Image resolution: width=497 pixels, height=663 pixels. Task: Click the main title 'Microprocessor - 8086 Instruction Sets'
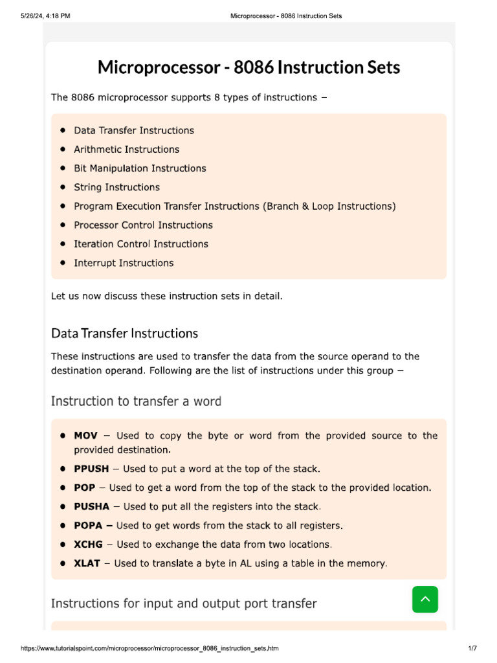click(248, 67)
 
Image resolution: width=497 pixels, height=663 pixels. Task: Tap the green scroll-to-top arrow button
click(425, 600)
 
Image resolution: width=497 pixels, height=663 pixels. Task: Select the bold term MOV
click(85, 436)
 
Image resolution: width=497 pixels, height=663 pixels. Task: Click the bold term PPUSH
click(91, 468)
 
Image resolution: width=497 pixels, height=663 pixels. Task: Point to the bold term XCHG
click(88, 545)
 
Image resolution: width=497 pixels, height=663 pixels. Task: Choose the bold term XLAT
click(87, 563)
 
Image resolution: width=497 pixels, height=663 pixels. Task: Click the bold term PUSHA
click(91, 506)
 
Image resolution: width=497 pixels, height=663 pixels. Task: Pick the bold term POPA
click(89, 525)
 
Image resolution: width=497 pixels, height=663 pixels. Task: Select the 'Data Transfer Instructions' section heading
click(124, 333)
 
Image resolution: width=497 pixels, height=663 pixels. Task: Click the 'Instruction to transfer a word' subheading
click(136, 401)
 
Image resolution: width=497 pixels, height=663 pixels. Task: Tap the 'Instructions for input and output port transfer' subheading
click(184, 603)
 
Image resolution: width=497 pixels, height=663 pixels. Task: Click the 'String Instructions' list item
click(116, 187)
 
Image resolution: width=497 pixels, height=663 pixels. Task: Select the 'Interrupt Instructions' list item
click(124, 263)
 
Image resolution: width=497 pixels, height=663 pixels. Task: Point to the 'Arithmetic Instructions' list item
click(126, 150)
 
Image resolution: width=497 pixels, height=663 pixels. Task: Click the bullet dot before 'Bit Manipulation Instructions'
click(63, 168)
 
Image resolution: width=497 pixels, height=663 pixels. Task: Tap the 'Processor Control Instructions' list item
click(143, 225)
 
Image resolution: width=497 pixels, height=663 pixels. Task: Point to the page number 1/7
click(472, 648)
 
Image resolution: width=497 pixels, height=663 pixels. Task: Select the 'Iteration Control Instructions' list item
click(141, 244)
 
